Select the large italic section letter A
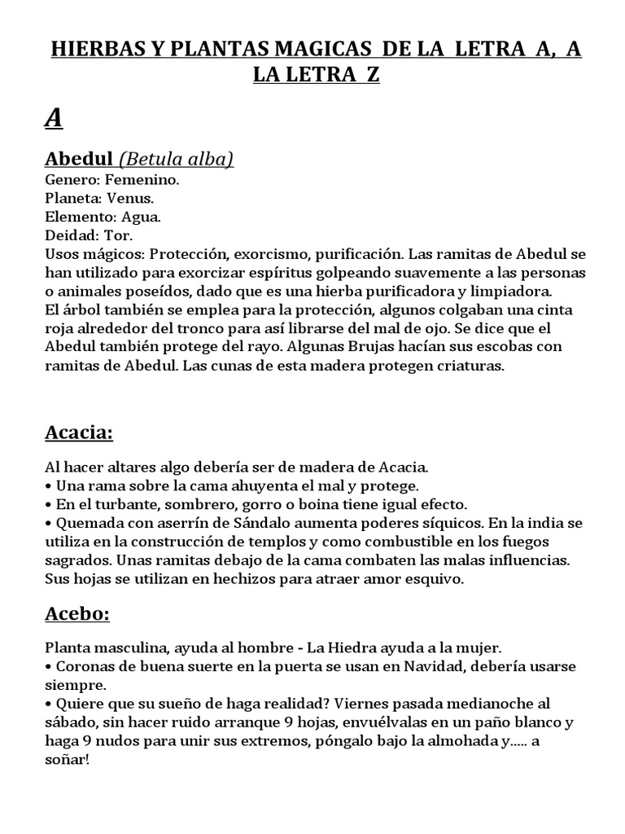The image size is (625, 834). pos(53,118)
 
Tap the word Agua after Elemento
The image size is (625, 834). pos(141,217)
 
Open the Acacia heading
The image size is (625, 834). pos(78,432)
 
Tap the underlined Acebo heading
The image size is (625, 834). pos(76,614)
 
